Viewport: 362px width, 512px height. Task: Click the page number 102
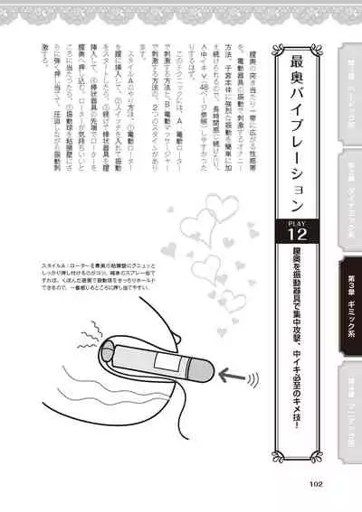pyautogui.click(x=315, y=483)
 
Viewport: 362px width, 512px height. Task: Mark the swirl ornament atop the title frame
pyautogui.click(x=297, y=51)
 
